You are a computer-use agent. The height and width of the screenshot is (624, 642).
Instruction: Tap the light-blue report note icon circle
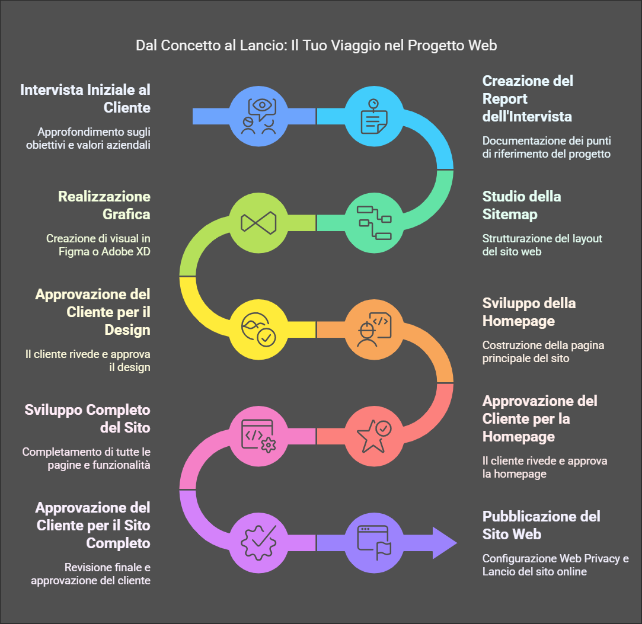[x=374, y=116]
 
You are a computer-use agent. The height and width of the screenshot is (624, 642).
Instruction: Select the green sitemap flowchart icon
[x=374, y=222]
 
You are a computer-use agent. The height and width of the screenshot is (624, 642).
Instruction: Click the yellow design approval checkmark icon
[x=258, y=329]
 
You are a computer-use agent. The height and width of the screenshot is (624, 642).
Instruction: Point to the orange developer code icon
[x=374, y=329]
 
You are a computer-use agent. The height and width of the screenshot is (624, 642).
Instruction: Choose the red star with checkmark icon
[x=374, y=436]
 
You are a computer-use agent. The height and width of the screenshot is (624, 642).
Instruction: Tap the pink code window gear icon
[x=258, y=436]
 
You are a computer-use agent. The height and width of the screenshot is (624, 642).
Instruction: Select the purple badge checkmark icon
[x=258, y=542]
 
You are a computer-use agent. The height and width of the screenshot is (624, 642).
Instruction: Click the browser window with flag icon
[x=374, y=542]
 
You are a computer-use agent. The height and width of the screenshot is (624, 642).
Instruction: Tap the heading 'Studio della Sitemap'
[x=521, y=205]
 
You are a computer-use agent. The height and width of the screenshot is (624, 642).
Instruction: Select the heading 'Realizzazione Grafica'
[x=104, y=205]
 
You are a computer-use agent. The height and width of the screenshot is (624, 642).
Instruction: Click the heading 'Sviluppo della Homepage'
[x=529, y=312]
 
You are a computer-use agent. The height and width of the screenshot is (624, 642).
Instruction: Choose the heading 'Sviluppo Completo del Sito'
[x=88, y=418]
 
